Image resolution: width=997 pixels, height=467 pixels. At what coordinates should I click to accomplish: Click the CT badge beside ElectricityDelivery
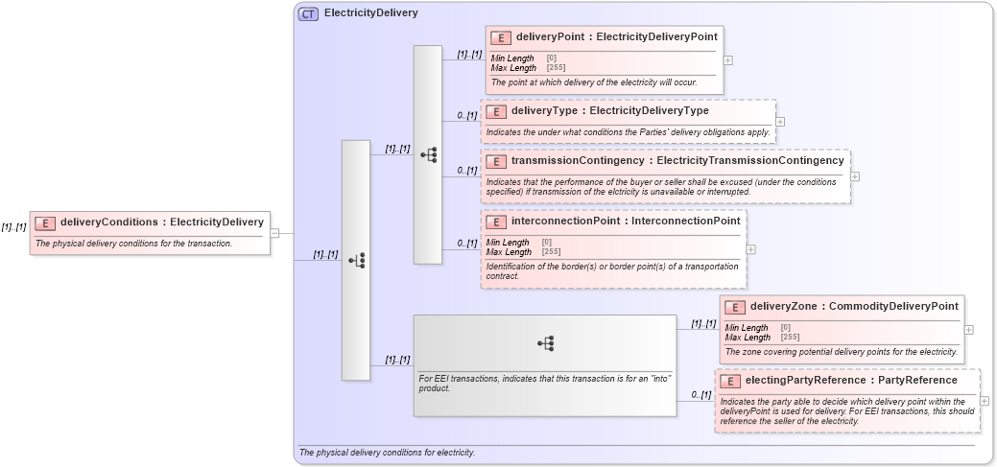(x=308, y=13)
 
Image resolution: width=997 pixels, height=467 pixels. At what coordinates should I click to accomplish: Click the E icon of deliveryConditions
(x=45, y=222)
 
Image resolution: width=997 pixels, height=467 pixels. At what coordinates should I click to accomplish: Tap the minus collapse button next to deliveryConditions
(x=274, y=232)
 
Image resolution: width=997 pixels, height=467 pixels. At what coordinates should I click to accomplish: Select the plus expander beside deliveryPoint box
(x=728, y=59)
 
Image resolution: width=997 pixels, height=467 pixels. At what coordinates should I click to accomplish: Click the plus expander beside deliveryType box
(x=780, y=122)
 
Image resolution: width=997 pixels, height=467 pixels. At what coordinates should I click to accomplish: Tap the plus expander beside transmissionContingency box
(x=855, y=176)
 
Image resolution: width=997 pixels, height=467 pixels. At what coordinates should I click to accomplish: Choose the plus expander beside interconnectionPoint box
(x=750, y=249)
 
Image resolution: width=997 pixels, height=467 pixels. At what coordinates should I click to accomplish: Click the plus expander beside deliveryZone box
(x=968, y=329)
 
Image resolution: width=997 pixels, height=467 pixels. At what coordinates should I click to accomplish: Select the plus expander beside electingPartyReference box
(x=985, y=401)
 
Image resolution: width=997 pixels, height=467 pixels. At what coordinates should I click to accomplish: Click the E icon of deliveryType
(x=495, y=111)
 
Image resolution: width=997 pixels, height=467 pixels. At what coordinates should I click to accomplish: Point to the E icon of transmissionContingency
(x=495, y=161)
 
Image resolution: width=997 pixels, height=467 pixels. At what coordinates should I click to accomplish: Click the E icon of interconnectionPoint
(x=495, y=222)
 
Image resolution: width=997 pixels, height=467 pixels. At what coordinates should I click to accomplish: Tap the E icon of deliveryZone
(x=734, y=307)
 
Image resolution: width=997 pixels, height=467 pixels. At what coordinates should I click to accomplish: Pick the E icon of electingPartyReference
(x=729, y=381)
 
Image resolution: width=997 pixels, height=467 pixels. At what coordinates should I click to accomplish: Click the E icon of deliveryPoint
(x=500, y=37)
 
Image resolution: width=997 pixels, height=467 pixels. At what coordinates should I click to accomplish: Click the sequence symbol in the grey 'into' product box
(x=545, y=342)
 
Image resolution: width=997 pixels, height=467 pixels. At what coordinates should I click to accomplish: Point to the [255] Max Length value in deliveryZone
(x=790, y=338)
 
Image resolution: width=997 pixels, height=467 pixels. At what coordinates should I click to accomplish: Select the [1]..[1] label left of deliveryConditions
(x=13, y=227)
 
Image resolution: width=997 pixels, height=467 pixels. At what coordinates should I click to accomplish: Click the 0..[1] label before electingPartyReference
(x=700, y=395)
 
